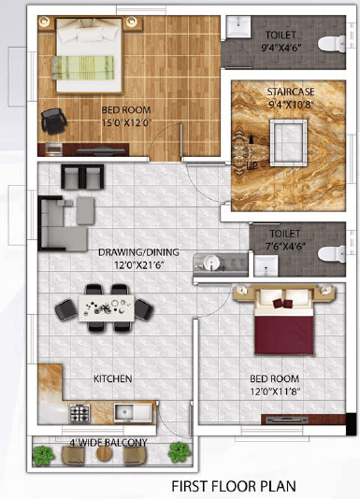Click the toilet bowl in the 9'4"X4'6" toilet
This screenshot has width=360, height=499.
[331, 44]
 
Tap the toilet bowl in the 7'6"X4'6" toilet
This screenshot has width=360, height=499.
[331, 254]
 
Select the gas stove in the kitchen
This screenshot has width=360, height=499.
[79, 413]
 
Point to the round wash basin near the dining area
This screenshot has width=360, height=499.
[211, 264]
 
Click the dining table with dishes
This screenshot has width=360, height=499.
[107, 308]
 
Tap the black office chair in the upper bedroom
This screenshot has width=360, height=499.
[53, 121]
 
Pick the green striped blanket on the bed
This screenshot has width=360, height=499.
[83, 67]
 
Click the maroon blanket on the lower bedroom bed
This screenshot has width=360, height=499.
[283, 335]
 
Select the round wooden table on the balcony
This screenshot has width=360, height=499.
[104, 453]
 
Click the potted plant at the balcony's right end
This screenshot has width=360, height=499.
[180, 452]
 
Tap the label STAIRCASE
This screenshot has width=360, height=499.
[291, 92]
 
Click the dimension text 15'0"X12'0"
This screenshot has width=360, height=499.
[126, 122]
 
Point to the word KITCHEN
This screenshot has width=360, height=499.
[113, 378]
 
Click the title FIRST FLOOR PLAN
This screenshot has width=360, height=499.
[234, 486]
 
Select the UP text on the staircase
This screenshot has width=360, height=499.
[252, 165]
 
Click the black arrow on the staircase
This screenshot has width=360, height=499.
[252, 139]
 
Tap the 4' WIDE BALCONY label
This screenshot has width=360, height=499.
[108, 442]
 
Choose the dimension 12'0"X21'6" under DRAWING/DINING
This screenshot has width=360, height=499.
[138, 264]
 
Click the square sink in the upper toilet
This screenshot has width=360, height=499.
[238, 26]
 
